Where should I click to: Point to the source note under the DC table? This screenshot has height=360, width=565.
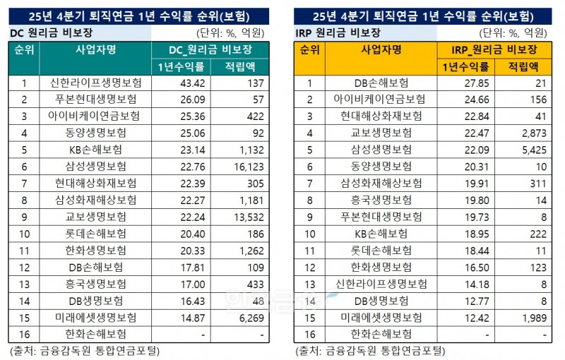85,349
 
